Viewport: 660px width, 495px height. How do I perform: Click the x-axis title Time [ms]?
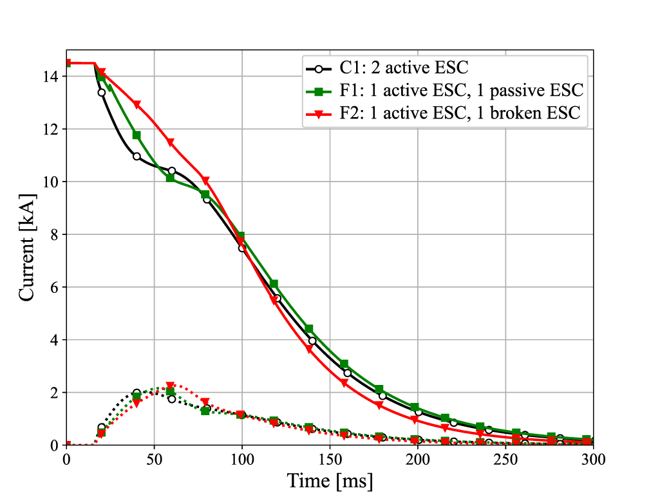tap(330, 480)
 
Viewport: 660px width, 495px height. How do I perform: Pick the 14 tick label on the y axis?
tap(52, 77)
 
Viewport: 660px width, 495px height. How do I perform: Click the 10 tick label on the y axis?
tap(52, 182)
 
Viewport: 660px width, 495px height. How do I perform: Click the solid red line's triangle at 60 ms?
tap(171, 143)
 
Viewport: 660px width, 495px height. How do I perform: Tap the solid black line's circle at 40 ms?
tap(137, 156)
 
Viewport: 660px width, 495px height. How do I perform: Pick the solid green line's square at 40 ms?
tap(137, 135)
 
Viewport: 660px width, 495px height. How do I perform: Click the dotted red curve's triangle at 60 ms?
tap(171, 386)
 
